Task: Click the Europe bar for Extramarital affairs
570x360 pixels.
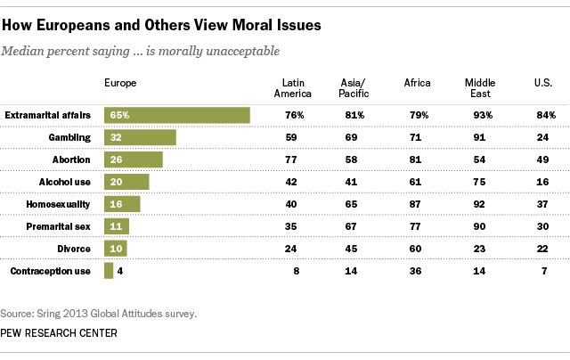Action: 176,115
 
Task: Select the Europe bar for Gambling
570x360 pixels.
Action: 140,137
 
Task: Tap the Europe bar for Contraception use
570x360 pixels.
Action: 109,270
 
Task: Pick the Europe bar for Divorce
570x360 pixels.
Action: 116,248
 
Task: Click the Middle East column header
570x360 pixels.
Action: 480,88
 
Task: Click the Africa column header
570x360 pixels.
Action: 417,83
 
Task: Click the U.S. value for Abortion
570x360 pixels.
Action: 541,160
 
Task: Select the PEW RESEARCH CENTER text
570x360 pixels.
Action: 60,333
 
